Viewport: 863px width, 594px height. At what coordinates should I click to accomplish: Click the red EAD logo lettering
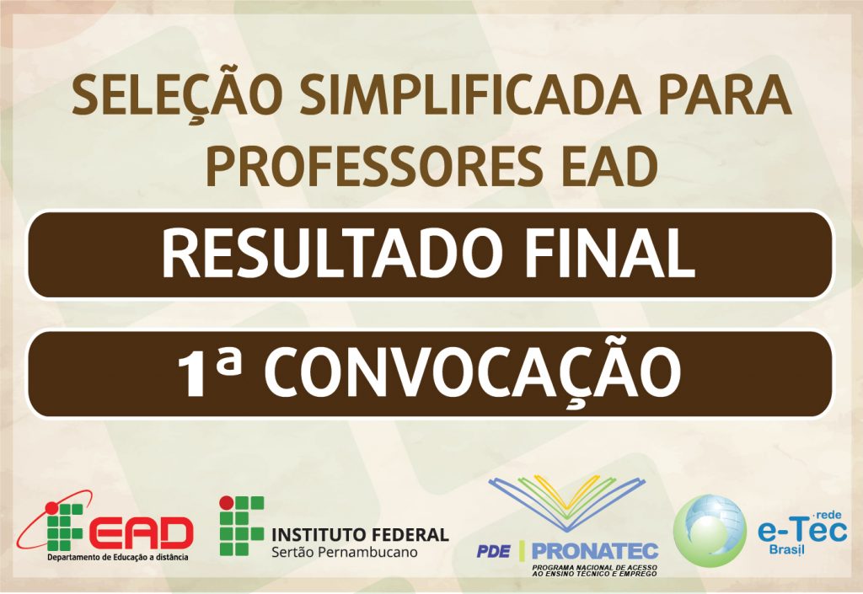141,532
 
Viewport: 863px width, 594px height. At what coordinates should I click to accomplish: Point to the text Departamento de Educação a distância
118,557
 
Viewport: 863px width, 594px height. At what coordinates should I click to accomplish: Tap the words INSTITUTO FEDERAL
361,534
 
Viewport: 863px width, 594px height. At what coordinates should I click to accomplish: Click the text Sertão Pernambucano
345,552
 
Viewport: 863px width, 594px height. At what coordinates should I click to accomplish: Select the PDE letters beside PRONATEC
493,551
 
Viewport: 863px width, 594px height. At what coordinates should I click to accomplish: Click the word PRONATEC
595,550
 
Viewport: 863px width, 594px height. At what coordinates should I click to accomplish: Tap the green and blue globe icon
710,529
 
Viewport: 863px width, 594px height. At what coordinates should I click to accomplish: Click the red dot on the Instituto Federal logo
226,503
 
